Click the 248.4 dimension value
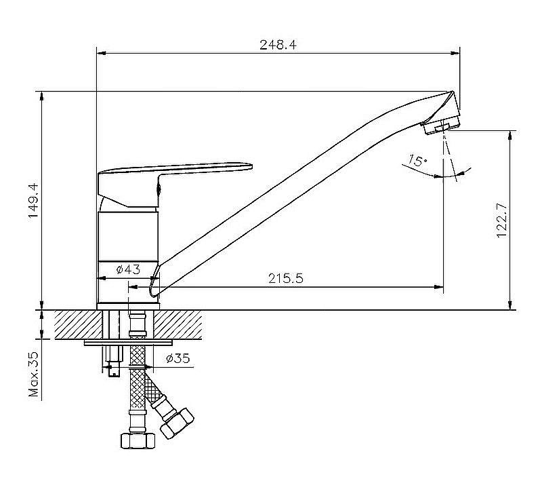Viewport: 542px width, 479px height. (278, 45)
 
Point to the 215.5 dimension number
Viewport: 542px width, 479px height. (285, 278)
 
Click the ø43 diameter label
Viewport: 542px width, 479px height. (128, 269)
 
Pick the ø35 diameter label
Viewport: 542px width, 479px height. (178, 358)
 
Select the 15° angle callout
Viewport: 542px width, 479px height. (417, 160)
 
